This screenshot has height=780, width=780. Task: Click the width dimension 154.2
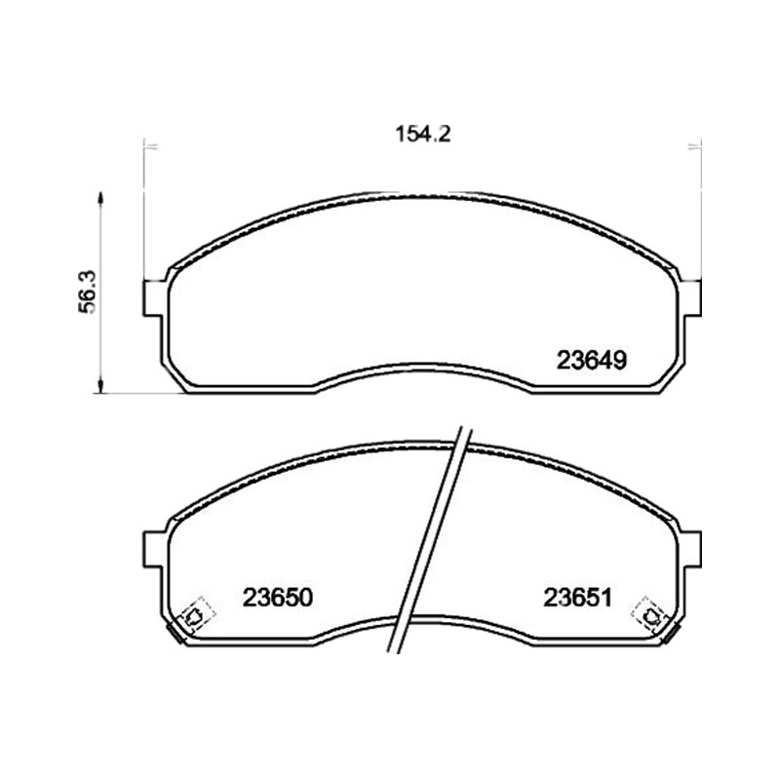point(423,135)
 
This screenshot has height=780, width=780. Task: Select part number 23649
point(592,360)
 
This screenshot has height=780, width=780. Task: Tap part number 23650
point(278,598)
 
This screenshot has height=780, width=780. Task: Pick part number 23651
point(577,598)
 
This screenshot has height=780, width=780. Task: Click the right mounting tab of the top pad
point(691,298)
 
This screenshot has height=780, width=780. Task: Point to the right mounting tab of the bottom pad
point(691,549)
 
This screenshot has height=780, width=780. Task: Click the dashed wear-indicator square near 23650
point(196,615)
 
